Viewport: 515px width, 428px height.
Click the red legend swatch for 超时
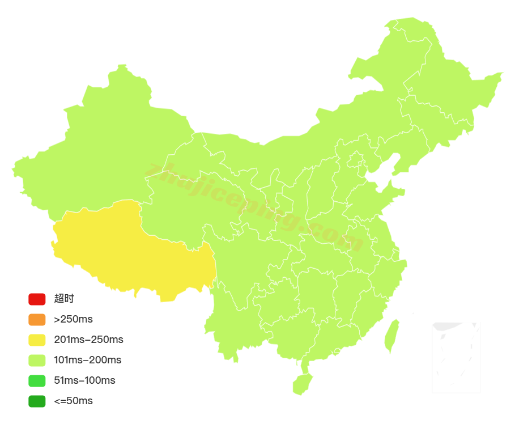37,299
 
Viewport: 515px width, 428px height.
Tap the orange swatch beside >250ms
37,319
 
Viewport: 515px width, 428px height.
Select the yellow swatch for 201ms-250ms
37,340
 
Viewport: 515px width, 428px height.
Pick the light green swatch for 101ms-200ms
37,360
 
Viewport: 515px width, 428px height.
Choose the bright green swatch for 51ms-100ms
37,380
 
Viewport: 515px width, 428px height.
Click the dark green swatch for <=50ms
37,401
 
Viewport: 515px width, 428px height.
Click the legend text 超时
64,299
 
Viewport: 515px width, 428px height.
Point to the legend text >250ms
73,319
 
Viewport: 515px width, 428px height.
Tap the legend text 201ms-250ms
88,340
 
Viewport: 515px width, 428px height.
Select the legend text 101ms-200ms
87,360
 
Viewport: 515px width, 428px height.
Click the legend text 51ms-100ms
84,380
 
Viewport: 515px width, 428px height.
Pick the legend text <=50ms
73,401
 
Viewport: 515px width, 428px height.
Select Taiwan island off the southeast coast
391,336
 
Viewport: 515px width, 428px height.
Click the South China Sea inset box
456,357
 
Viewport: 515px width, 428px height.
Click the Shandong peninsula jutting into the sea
385,196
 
